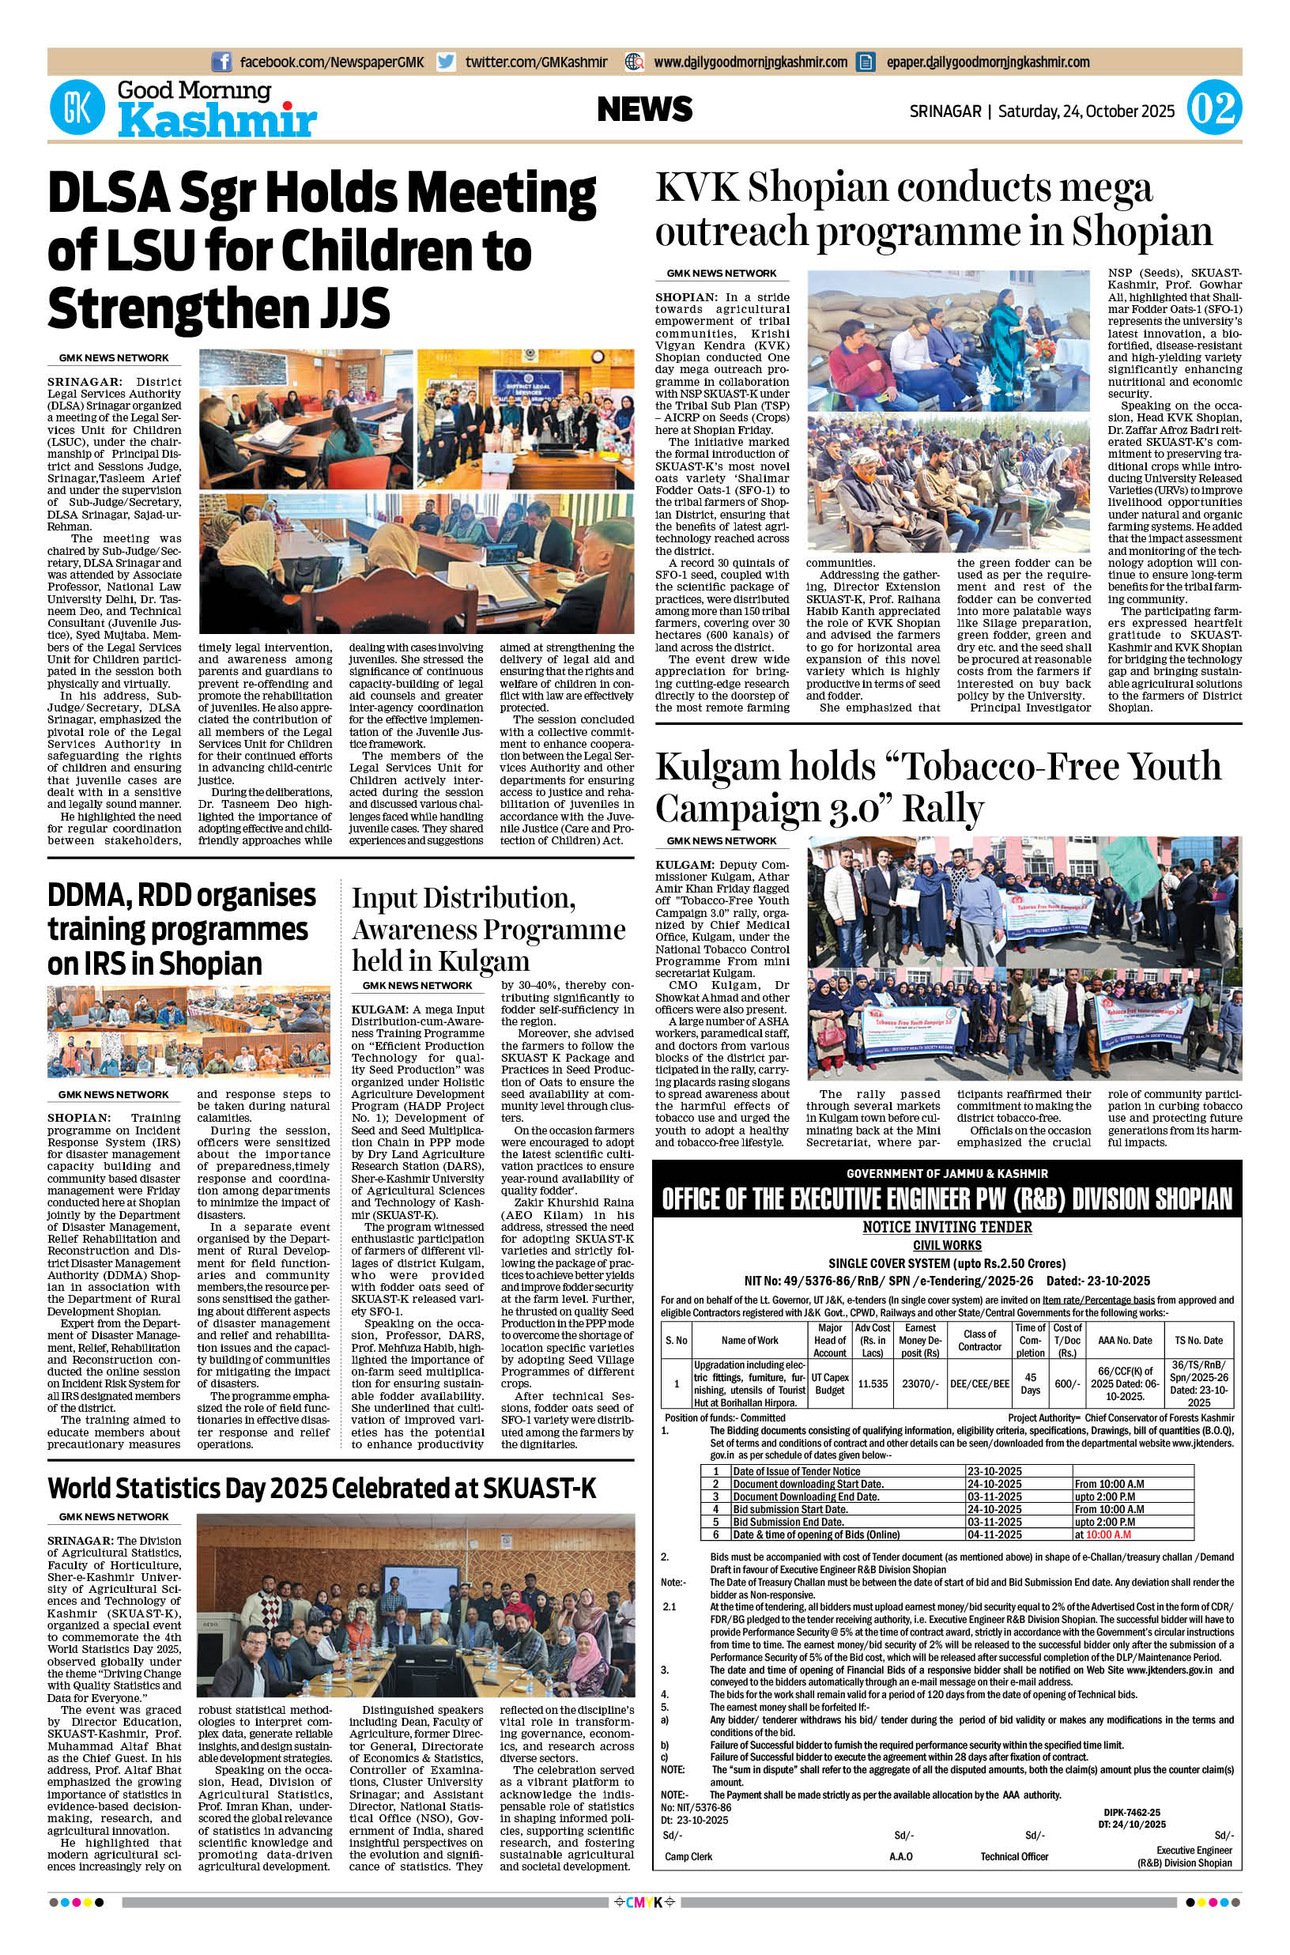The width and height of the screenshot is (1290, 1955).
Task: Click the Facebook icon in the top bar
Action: pyautogui.click(x=221, y=62)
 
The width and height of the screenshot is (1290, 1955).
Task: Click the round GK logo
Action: pyautogui.click(x=77, y=108)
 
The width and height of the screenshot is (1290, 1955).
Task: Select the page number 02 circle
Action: pyautogui.click(x=1213, y=109)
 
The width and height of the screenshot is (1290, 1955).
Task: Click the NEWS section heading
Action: pyautogui.click(x=645, y=109)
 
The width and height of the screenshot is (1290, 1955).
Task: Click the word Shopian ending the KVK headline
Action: pyautogui.click(x=1143, y=232)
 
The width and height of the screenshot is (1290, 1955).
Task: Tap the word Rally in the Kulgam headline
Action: pyautogui.click(x=943, y=809)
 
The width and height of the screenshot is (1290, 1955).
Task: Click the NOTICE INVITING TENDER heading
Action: pyautogui.click(x=946, y=1227)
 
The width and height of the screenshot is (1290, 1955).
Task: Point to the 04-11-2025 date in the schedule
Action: pyautogui.click(x=994, y=1534)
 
